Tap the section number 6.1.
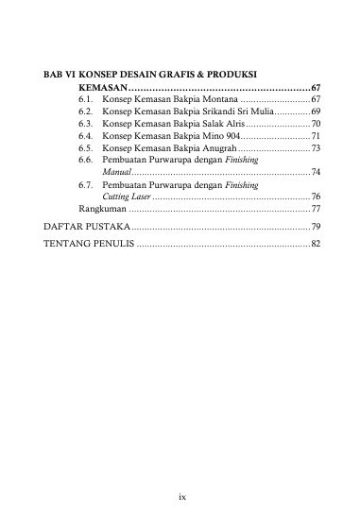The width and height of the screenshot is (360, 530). (88, 99)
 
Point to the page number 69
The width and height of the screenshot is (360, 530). (316, 111)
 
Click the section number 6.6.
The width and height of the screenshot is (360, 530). (88, 161)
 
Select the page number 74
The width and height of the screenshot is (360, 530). (316, 173)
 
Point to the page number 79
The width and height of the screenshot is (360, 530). (316, 228)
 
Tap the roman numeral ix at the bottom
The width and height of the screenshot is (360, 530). (180, 493)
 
